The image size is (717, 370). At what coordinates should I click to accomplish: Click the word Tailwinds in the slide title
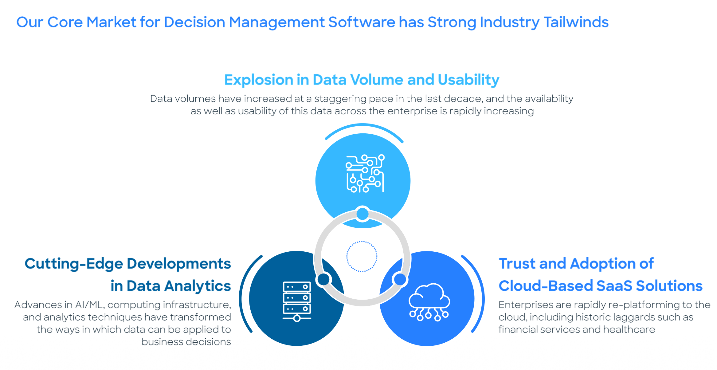click(x=576, y=22)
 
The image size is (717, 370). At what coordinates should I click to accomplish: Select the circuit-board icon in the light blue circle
click(x=365, y=174)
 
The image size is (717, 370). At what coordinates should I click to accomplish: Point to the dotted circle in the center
click(x=362, y=256)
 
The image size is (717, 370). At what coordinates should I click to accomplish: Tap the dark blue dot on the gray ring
click(x=323, y=279)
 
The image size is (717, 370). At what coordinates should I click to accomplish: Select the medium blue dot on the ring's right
click(x=400, y=279)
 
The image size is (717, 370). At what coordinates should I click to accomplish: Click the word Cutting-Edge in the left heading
click(x=74, y=264)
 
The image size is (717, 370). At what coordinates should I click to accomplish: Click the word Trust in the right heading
click(x=517, y=264)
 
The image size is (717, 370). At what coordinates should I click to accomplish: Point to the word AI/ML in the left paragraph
click(x=89, y=305)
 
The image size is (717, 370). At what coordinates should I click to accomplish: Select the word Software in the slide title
click(x=362, y=22)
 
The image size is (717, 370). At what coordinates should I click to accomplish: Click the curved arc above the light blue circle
click(x=364, y=126)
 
